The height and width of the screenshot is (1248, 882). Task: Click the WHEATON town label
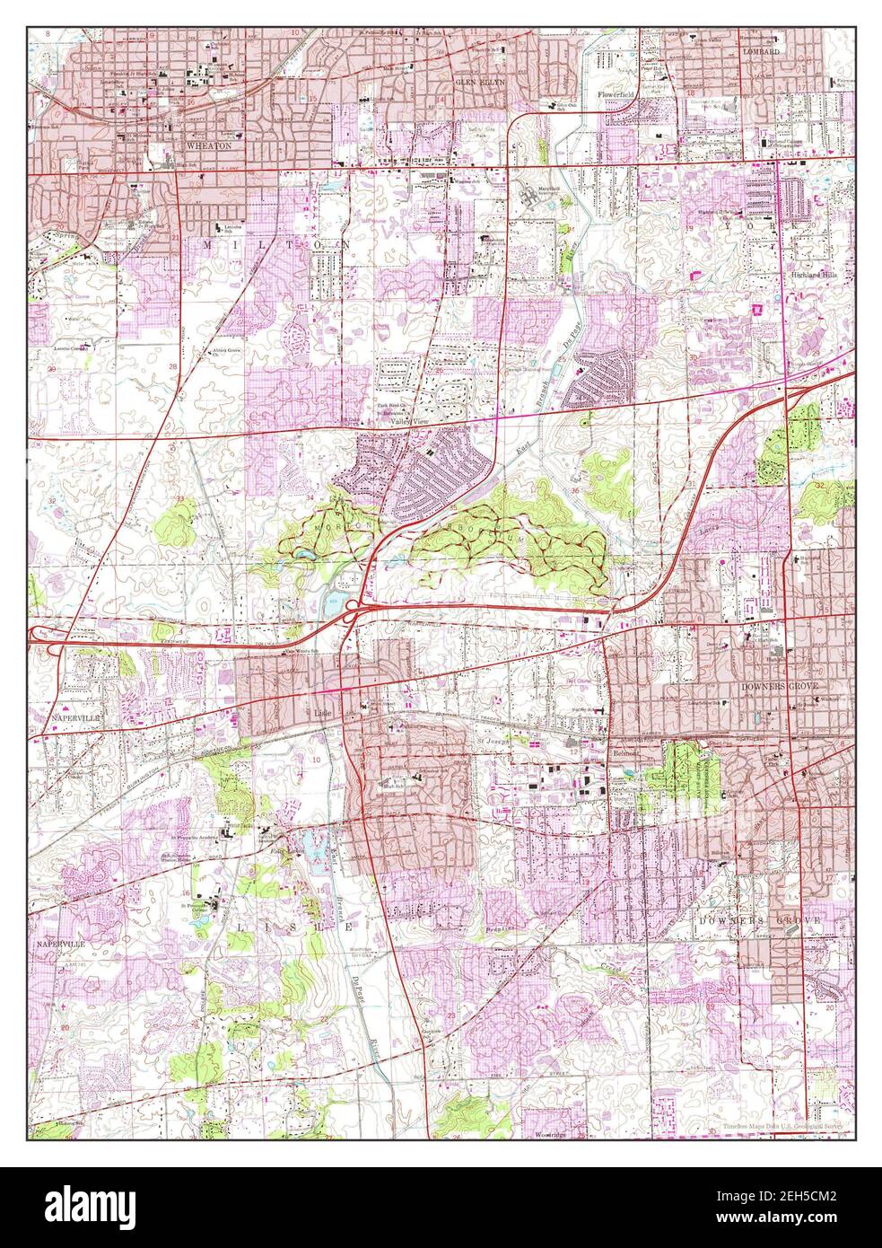click(209, 145)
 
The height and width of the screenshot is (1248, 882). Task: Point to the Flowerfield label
click(620, 93)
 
